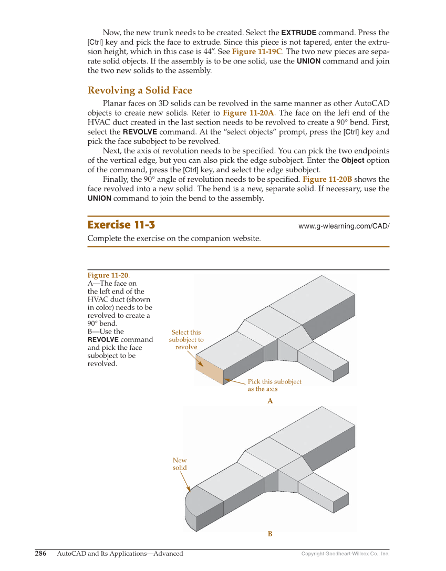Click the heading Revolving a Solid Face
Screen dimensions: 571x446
(140, 90)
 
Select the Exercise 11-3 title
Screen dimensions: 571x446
(121, 225)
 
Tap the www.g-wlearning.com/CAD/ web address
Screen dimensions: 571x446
(344, 226)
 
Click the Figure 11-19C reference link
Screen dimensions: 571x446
(257, 51)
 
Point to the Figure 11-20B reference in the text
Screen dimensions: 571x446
(327, 179)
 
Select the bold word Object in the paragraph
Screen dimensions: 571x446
(353, 160)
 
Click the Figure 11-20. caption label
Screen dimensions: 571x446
(108, 275)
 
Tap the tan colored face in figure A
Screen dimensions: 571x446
(209, 369)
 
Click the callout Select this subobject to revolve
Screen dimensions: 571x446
(186, 339)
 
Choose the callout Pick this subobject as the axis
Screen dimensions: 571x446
(274, 385)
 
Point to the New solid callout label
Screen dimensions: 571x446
(180, 464)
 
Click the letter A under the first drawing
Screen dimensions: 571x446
(270, 401)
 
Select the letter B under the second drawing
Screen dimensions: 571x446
(270, 534)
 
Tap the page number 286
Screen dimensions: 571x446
(40, 553)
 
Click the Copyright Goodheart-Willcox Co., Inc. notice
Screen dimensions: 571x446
(345, 554)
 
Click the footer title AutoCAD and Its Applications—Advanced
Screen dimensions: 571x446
(120, 553)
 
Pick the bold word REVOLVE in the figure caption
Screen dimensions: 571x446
(103, 339)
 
